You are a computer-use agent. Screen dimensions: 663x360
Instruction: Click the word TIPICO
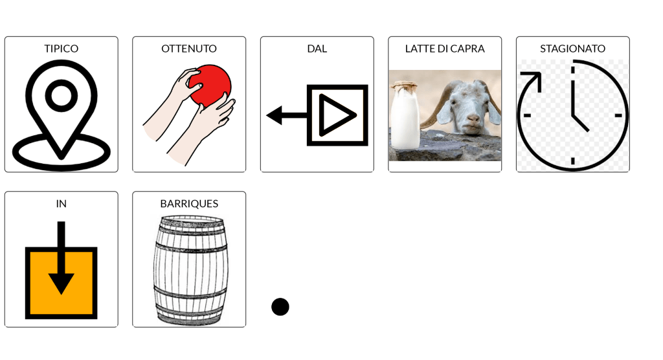pyautogui.click(x=62, y=49)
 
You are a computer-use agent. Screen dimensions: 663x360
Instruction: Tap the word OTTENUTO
pyautogui.click(x=189, y=49)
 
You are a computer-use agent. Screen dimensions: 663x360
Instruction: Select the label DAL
pyautogui.click(x=317, y=49)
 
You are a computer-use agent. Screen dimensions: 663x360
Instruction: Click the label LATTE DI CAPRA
pyautogui.click(x=445, y=49)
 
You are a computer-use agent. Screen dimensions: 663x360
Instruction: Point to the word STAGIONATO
pyautogui.click(x=572, y=49)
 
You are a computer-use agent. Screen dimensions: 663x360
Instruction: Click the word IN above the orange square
pyautogui.click(x=62, y=204)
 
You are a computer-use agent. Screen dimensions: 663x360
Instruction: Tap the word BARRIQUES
pyautogui.click(x=189, y=204)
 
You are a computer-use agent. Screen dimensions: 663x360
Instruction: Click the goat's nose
pyautogui.click(x=473, y=118)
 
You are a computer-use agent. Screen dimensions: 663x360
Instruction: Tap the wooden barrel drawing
pyautogui.click(x=191, y=270)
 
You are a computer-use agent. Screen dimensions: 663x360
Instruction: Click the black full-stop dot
pyautogui.click(x=280, y=307)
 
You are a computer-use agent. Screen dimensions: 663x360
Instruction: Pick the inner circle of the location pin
pyautogui.click(x=62, y=96)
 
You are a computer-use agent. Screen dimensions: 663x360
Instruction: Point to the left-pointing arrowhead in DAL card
pyautogui.click(x=275, y=115)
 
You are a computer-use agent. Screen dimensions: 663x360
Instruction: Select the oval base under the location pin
pyautogui.click(x=62, y=152)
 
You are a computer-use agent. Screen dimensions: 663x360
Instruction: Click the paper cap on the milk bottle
pyautogui.click(x=405, y=85)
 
